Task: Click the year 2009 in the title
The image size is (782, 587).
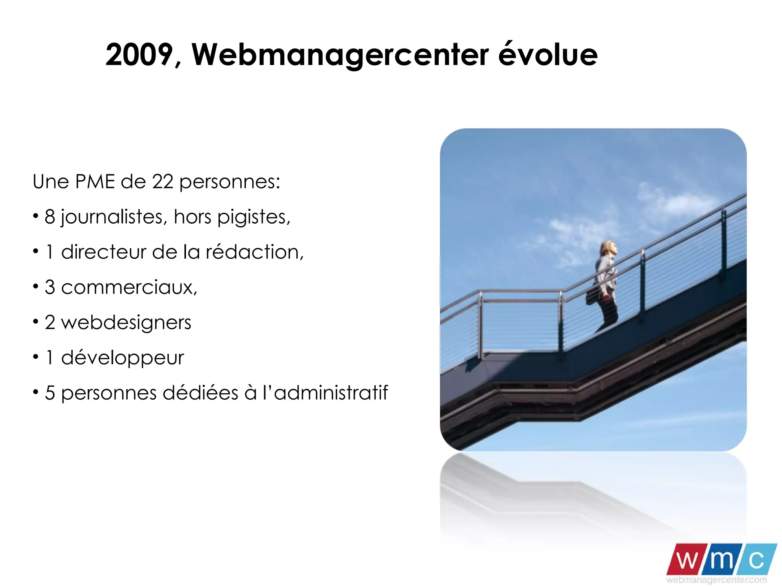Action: (x=139, y=55)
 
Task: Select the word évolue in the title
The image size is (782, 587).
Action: (x=548, y=55)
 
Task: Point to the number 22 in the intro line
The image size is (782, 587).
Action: (x=163, y=182)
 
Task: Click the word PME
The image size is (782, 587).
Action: (x=95, y=182)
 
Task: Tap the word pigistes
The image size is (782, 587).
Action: (x=254, y=217)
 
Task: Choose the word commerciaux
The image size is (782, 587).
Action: (x=129, y=287)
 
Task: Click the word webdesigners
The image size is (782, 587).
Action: (x=126, y=323)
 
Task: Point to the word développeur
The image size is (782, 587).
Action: (x=122, y=358)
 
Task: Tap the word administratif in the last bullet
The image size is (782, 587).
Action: (x=331, y=393)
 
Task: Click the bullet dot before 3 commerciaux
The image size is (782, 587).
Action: (x=36, y=286)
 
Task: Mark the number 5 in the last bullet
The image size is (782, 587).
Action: (x=50, y=393)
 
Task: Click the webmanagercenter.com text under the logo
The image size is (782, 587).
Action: (x=716, y=579)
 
